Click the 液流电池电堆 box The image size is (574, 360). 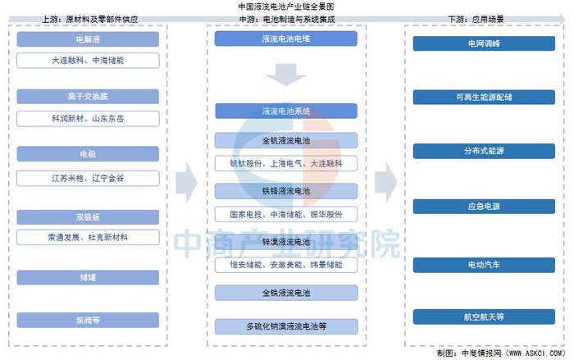[286, 39]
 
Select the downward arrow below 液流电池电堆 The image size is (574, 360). [286, 75]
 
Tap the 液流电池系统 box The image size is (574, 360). [286, 111]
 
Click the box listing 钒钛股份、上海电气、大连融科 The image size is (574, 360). [286, 163]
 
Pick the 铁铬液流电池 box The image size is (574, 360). [286, 191]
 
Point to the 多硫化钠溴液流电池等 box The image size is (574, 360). [286, 326]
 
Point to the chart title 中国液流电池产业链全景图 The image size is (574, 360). [285, 6]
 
